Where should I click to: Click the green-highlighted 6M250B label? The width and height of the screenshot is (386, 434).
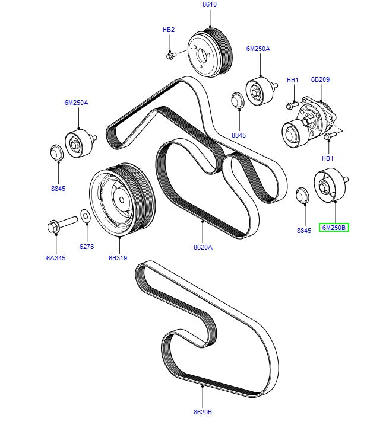334,227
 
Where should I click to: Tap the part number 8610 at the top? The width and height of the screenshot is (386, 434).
209,4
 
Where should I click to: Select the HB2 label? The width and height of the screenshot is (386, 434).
169,30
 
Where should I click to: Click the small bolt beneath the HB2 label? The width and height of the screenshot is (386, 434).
169,56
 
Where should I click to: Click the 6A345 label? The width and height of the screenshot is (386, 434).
56,259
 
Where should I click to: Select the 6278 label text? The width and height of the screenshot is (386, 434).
86,247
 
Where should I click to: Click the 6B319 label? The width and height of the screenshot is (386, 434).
119,259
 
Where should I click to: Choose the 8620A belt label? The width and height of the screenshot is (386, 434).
203,247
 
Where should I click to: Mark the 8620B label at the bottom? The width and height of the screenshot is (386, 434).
202,411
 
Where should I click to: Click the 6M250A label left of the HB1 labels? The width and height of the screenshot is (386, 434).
258,49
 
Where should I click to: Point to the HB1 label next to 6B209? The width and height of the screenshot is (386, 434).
293,80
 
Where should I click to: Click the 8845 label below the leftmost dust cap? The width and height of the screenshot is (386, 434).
58,189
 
